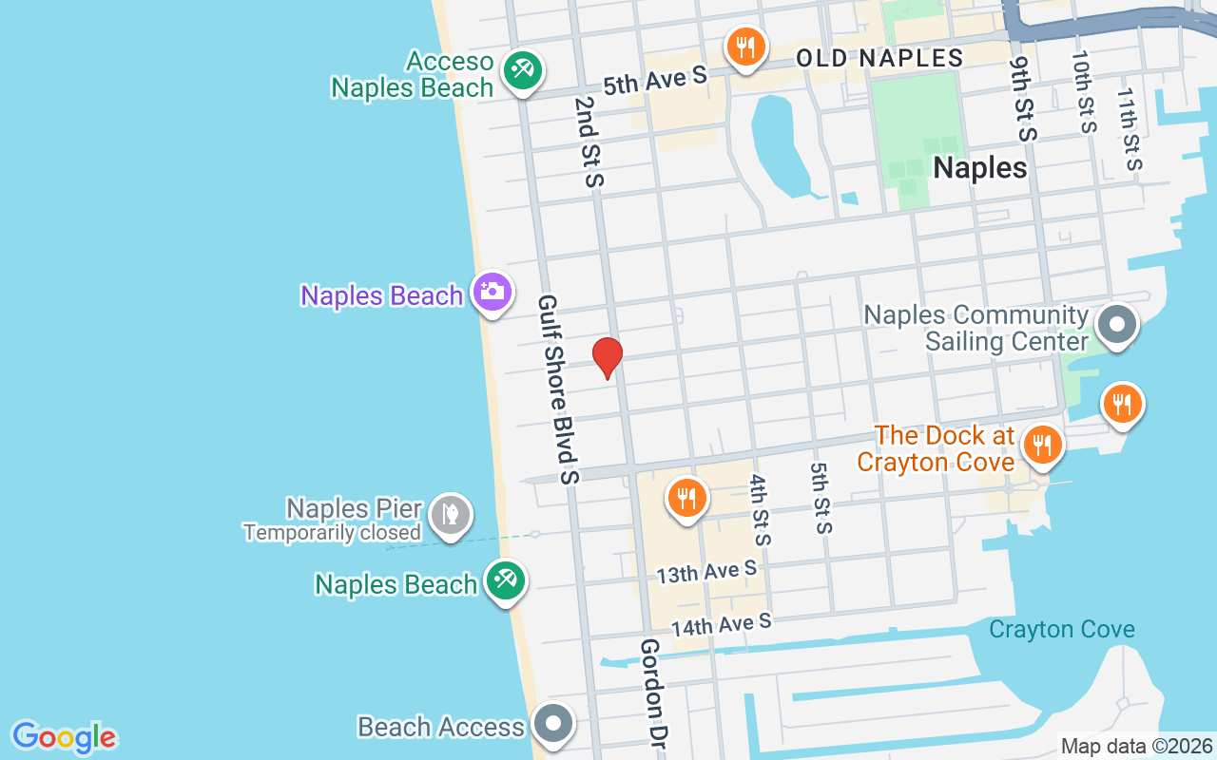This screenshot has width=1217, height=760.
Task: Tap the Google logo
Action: (65, 737)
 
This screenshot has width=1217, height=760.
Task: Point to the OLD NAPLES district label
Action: (879, 58)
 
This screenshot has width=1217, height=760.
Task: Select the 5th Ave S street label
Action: (655, 80)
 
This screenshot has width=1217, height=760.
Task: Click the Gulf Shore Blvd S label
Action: (558, 389)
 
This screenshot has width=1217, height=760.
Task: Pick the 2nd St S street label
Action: (589, 141)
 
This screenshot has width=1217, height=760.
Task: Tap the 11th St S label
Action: (1129, 129)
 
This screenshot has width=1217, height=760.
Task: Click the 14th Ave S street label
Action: (721, 624)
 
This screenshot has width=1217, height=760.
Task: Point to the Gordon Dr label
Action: (651, 693)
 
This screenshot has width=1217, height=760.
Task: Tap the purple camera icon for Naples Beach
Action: (492, 292)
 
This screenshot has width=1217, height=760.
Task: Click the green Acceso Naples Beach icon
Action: (521, 69)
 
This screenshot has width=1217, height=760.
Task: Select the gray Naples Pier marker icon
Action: (451, 515)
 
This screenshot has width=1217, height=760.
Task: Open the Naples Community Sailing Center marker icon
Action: (1117, 325)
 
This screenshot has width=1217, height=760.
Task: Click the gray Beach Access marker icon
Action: (553, 725)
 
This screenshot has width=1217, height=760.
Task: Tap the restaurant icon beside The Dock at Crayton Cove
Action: (1043, 445)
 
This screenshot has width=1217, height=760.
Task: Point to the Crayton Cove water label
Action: (1061, 629)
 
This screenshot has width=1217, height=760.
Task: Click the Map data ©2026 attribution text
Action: (1136, 747)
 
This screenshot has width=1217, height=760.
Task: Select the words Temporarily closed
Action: (332, 533)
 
